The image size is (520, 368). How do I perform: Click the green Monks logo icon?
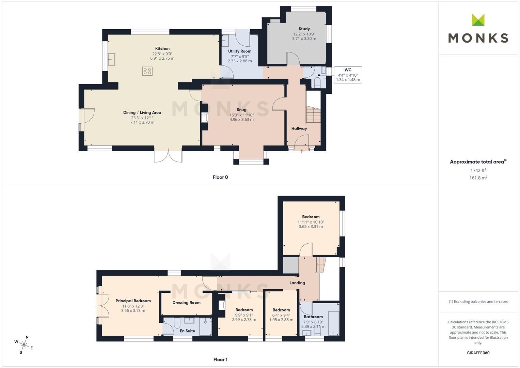(x=478, y=20)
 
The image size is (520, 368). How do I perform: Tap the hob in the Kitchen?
(x=147, y=71)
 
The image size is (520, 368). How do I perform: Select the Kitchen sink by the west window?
(x=112, y=60)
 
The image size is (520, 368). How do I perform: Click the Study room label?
(x=304, y=29)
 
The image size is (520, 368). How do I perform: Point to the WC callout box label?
(x=348, y=70)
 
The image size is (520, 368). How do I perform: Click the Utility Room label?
(x=240, y=51)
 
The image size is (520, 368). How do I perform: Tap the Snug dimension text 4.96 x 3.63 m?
(x=241, y=120)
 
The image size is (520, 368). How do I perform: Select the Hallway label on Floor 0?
(x=299, y=128)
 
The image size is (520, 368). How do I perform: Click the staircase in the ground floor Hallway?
(x=313, y=115)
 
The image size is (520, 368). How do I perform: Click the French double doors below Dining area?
(x=168, y=156)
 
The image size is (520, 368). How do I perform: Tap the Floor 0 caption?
(x=220, y=177)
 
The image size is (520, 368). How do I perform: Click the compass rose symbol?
(x=23, y=344)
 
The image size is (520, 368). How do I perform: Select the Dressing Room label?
(x=186, y=303)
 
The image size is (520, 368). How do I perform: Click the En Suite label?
(x=187, y=331)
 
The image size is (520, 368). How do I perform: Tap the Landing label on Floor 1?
(x=297, y=283)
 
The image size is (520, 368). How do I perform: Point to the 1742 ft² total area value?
(x=478, y=170)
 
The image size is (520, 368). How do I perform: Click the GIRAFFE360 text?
(x=478, y=353)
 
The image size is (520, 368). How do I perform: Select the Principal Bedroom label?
(x=133, y=301)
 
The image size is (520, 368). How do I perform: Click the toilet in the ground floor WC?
(x=317, y=83)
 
